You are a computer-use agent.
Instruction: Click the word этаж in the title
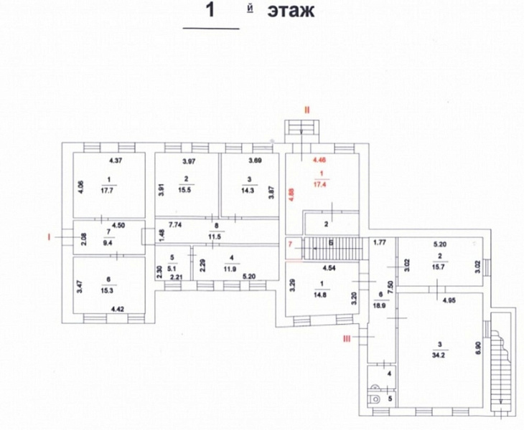point(291,12)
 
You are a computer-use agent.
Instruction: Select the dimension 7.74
point(175,225)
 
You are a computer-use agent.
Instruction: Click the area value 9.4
point(109,244)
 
